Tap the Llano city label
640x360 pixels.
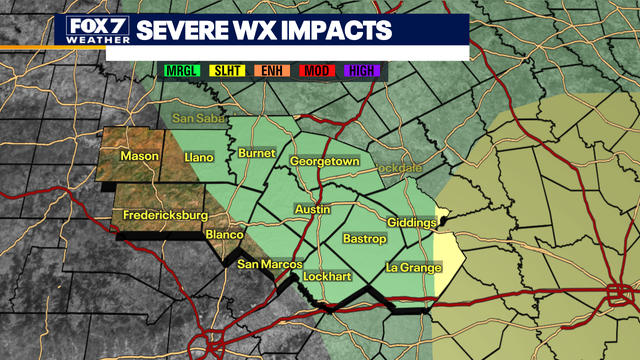201,157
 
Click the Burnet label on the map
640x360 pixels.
256,153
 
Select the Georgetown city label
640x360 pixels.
324,161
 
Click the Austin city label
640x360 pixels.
312,209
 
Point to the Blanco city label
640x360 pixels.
223,235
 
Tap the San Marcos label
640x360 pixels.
269,264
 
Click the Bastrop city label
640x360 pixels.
364,240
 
